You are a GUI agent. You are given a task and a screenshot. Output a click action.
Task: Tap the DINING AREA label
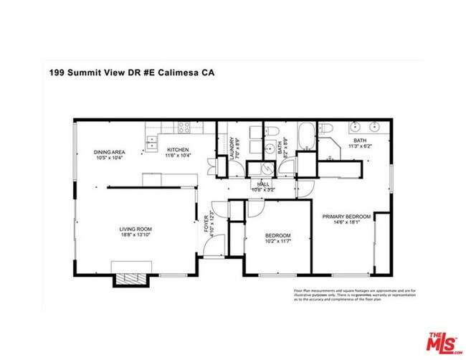click(x=110, y=151)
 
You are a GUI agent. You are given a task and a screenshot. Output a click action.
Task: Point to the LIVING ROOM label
click(x=135, y=229)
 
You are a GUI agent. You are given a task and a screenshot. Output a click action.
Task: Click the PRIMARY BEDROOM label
click(x=346, y=217)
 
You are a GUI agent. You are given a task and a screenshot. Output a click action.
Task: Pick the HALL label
click(x=263, y=184)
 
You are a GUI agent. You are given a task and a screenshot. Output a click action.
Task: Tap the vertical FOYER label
click(x=207, y=223)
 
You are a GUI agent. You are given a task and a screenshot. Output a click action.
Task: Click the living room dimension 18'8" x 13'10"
click(x=135, y=235)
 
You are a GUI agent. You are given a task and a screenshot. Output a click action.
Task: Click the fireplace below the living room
click(x=130, y=279)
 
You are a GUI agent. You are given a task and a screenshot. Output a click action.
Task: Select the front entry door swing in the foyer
click(x=211, y=250)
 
